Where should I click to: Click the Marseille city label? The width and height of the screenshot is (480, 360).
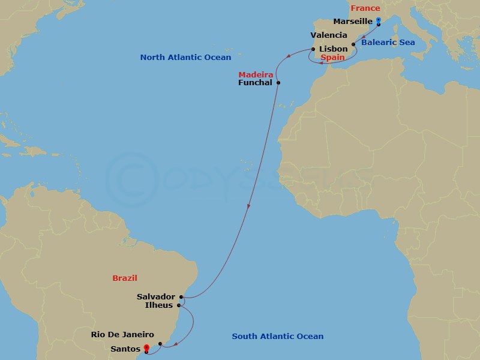(x=353, y=22)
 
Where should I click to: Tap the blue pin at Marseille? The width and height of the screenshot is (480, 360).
(x=379, y=21)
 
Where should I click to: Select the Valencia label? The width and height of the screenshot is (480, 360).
(x=329, y=35)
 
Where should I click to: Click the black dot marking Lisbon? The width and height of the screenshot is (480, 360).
(x=313, y=49)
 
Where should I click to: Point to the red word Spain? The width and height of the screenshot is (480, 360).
(x=332, y=58)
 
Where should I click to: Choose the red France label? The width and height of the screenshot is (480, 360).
(x=365, y=8)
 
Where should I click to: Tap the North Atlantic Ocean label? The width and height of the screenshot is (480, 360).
(x=185, y=58)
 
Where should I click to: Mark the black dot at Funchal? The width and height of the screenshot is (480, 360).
(x=278, y=82)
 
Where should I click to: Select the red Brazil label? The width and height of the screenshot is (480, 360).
(x=125, y=278)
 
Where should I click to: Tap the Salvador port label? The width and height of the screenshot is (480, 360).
(x=156, y=296)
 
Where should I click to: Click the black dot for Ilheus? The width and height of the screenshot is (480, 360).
(x=179, y=305)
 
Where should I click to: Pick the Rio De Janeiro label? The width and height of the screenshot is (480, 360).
(x=123, y=335)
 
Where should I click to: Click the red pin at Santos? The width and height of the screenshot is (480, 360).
(x=147, y=347)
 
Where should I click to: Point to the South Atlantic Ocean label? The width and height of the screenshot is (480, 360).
(x=278, y=337)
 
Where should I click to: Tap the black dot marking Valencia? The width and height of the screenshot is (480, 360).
(x=354, y=44)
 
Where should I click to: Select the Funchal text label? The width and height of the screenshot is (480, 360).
(x=256, y=82)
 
